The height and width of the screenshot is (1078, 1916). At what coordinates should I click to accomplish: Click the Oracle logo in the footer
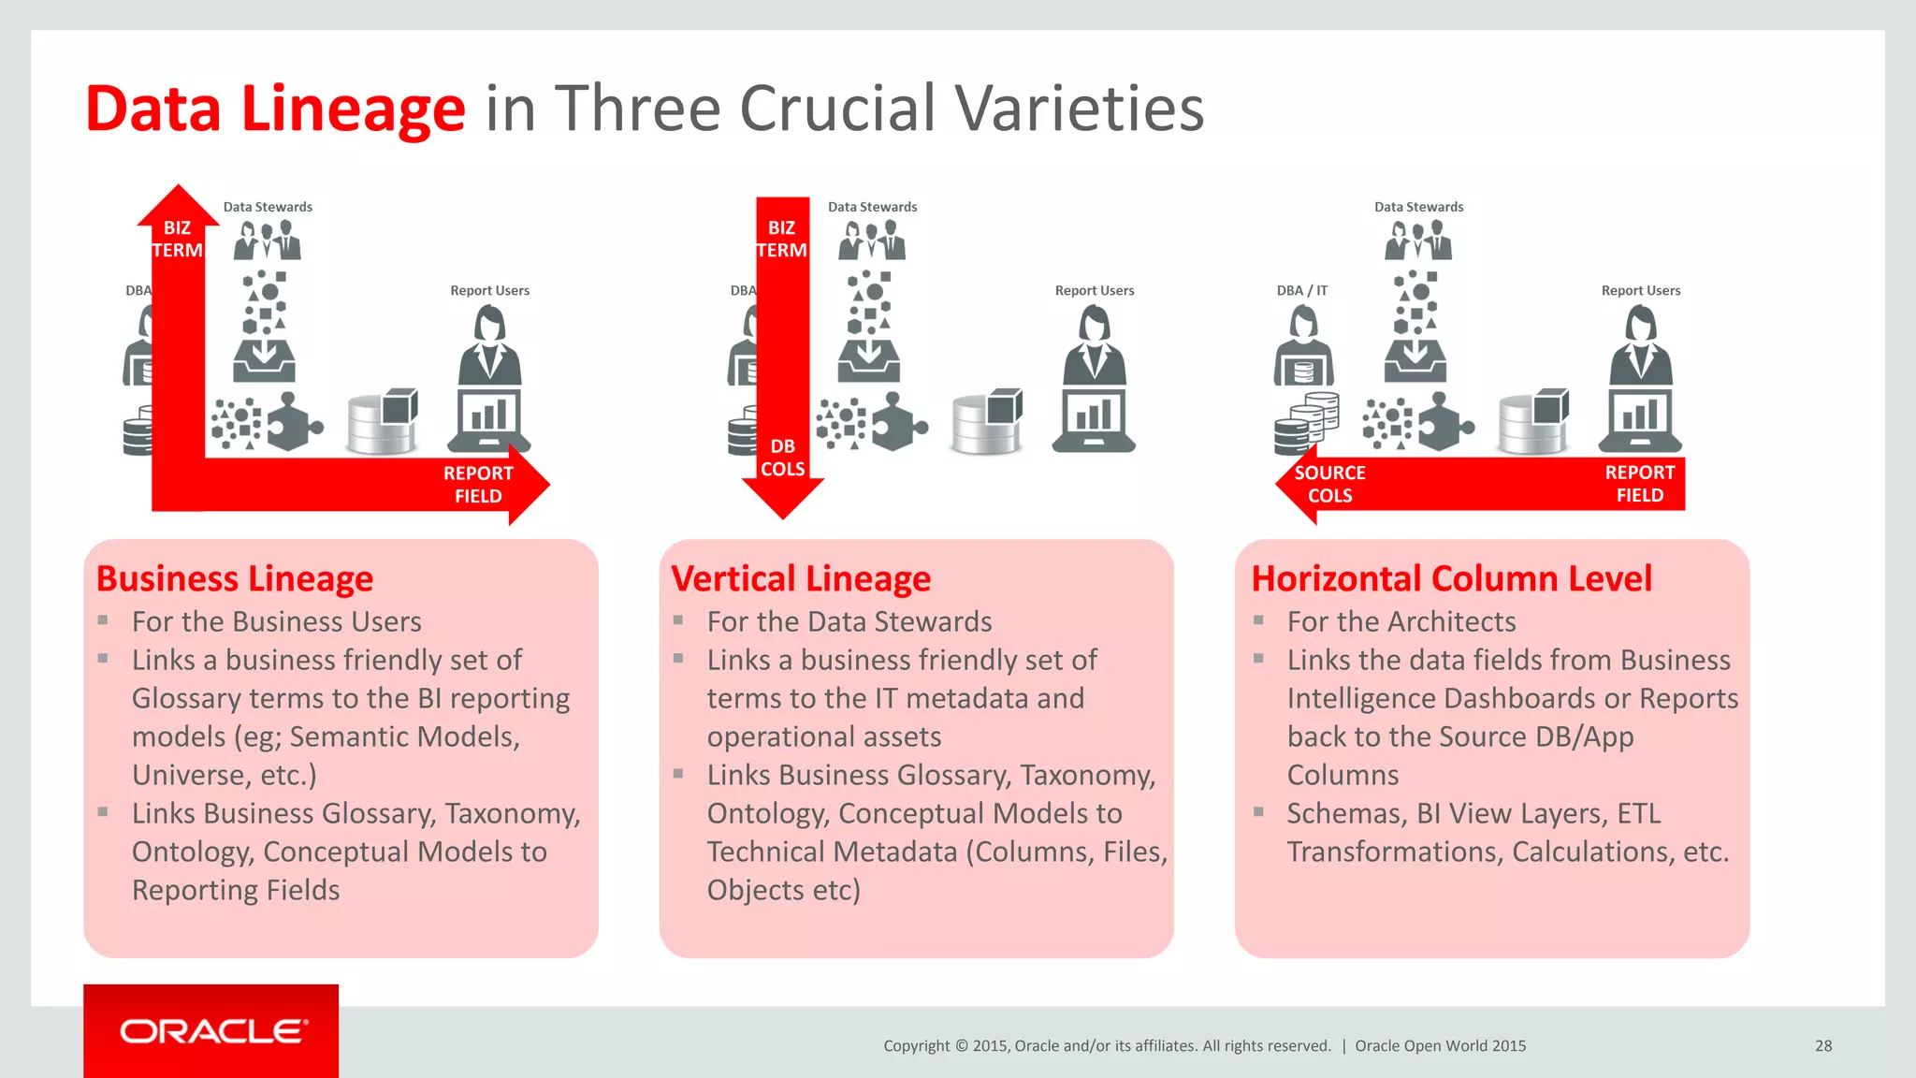click(212, 1031)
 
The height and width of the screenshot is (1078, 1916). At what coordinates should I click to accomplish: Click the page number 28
click(1823, 1046)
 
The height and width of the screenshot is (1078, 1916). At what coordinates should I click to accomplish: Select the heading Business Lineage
click(235, 579)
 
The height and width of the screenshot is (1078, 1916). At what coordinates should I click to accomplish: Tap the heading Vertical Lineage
click(801, 579)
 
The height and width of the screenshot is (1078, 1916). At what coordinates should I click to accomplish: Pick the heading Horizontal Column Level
click(1451, 579)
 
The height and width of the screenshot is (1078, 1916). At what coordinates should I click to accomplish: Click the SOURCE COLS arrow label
click(1329, 484)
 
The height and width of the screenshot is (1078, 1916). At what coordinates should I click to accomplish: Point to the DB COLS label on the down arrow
click(782, 458)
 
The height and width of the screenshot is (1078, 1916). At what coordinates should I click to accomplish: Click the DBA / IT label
click(1301, 291)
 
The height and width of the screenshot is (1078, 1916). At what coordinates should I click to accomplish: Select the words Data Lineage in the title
click(275, 109)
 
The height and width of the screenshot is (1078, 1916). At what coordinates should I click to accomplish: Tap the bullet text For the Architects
click(1401, 621)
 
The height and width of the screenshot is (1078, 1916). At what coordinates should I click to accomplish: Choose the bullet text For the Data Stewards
click(849, 621)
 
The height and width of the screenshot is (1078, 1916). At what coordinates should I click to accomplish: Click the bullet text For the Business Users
click(276, 621)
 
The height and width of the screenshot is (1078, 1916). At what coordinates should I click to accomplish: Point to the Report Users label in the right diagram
click(1640, 291)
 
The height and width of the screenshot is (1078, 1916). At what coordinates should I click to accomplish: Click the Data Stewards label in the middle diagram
click(872, 207)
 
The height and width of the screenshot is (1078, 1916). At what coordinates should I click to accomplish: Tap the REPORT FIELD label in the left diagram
click(478, 485)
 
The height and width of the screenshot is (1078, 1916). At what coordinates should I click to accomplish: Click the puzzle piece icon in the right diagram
click(1445, 422)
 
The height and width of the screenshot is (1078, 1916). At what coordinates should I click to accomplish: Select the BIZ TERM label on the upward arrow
click(177, 240)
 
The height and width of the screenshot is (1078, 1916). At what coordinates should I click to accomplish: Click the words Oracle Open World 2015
click(1440, 1046)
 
